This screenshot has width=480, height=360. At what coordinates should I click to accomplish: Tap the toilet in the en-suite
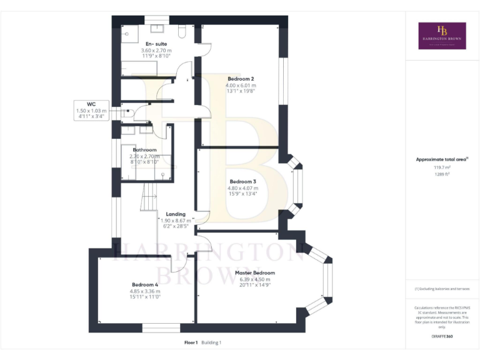(182, 31)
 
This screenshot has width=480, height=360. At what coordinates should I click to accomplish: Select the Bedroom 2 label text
(241, 79)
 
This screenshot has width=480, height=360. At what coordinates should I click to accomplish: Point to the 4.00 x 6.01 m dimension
(241, 85)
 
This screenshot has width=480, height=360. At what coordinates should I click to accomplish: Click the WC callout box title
(91, 104)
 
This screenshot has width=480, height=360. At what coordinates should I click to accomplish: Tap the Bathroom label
(144, 150)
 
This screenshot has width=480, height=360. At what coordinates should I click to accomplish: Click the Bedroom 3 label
(242, 181)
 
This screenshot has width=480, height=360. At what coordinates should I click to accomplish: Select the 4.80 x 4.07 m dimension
(242, 187)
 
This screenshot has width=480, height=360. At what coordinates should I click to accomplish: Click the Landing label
(176, 214)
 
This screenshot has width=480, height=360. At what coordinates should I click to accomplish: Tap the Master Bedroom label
(254, 273)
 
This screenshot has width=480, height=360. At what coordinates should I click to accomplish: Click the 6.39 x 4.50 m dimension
(254, 279)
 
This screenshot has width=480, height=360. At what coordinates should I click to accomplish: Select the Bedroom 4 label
(145, 285)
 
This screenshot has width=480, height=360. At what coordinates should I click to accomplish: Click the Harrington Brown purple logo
(442, 36)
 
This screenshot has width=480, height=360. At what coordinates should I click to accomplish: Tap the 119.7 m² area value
(442, 167)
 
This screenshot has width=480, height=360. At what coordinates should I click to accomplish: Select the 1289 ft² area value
(442, 174)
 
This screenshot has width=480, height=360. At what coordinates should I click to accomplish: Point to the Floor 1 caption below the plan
(191, 342)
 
